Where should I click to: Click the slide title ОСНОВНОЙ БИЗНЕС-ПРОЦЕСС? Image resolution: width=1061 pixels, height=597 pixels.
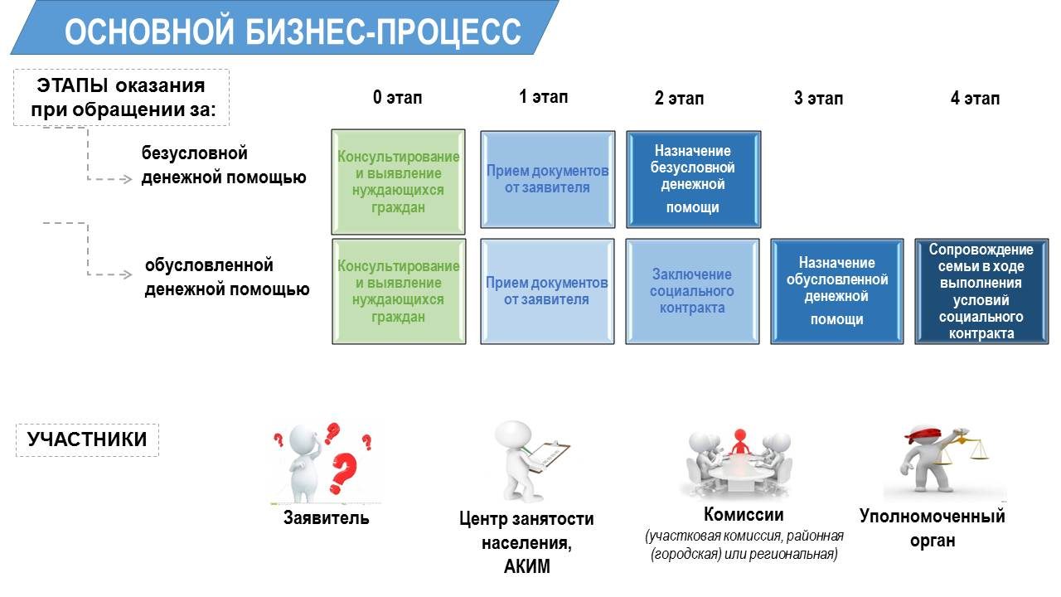[x=293, y=32]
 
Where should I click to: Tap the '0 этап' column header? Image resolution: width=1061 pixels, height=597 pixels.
[x=397, y=97]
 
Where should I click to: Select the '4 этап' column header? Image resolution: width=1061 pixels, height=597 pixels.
[x=975, y=98]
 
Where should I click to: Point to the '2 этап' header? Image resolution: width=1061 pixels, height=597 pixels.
[x=679, y=98]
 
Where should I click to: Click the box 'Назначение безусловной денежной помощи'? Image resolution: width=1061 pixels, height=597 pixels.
[x=694, y=180]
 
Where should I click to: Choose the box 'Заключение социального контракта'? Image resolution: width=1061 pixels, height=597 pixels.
[x=692, y=291]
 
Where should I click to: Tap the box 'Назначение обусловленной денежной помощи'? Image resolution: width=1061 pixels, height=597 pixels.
[x=837, y=291]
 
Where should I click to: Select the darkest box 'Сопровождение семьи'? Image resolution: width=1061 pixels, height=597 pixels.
[x=981, y=291]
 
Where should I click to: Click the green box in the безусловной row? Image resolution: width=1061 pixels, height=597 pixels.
[x=398, y=182]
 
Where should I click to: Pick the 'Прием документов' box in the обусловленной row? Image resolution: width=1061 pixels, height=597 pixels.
[x=547, y=291]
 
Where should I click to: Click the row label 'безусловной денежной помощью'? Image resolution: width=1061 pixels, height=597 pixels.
[x=224, y=165]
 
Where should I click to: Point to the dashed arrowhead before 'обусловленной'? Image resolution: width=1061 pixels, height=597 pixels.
[x=126, y=274]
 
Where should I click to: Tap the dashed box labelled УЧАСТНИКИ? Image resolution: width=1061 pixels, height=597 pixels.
[x=87, y=439]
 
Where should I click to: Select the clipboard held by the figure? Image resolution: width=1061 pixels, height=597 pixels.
[x=548, y=456]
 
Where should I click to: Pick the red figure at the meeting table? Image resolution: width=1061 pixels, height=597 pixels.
[x=739, y=442]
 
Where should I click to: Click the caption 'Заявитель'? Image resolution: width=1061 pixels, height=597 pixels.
[x=326, y=518]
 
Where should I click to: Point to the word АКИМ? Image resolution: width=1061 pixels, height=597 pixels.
[x=526, y=566]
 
